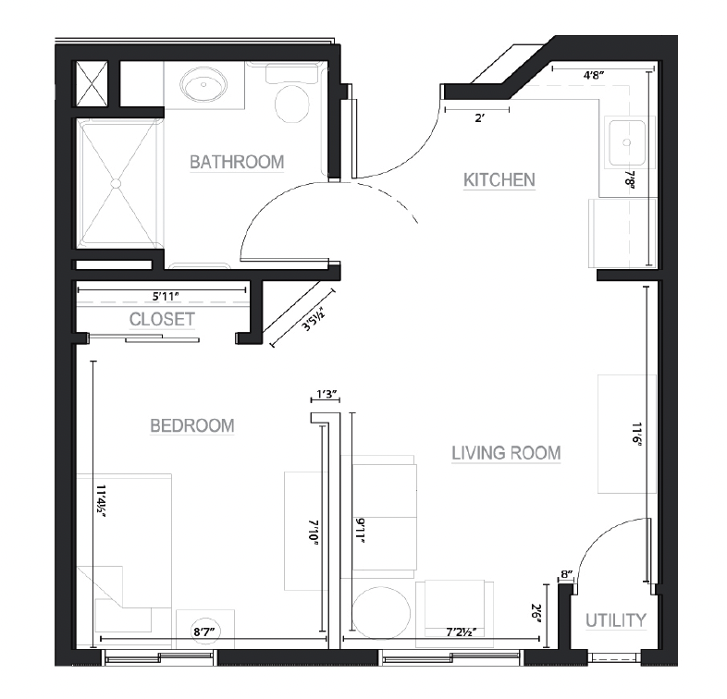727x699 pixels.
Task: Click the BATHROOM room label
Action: pos(237,162)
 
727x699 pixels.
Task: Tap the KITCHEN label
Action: pos(499,180)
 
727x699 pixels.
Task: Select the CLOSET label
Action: pos(162,319)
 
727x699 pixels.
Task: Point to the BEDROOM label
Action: pos(192,425)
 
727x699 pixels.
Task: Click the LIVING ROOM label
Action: pos(506,453)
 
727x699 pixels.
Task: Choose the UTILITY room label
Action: pos(616,620)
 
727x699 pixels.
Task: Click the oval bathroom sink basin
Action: pos(204,85)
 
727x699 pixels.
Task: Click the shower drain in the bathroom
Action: pos(116,184)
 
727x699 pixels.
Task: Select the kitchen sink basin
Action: pos(627,142)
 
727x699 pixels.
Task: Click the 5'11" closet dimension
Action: pos(166,296)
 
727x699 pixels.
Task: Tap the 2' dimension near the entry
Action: pos(479,118)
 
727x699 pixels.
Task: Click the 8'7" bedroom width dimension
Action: pos(207,632)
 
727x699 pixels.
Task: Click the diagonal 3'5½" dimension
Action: pos(313,320)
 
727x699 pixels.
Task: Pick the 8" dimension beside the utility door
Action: pos(567,574)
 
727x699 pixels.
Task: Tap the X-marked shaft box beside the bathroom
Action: pos(92,83)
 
